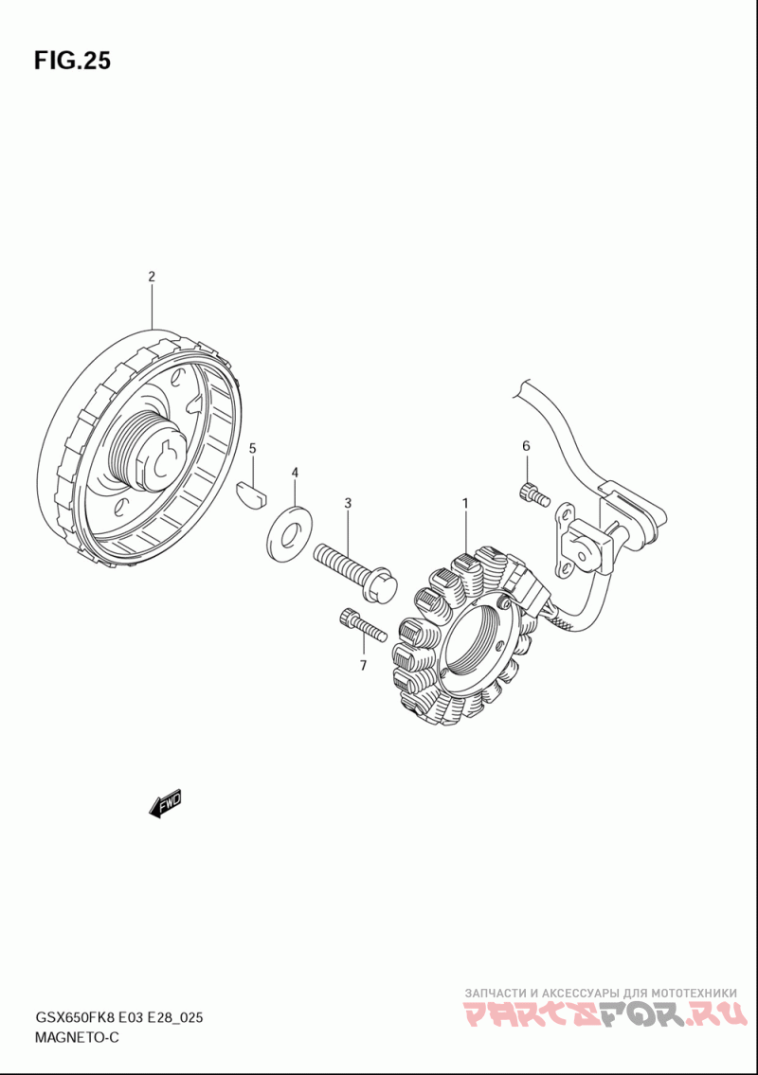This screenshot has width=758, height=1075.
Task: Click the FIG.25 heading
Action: pos(72,61)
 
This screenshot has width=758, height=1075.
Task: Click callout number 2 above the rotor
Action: pos(151,277)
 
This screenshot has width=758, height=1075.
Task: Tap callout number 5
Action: pos(253,447)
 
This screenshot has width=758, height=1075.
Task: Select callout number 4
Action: pos(295,472)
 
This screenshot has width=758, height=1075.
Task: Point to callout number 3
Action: pos(348,503)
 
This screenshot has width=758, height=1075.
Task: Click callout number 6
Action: pos(526,446)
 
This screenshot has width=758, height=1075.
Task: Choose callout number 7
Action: pos(362,666)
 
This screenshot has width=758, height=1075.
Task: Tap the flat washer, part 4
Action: pos(287,530)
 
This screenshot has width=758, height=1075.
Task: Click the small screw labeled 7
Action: pos(360,625)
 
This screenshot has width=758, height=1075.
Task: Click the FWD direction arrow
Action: pos(166,803)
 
